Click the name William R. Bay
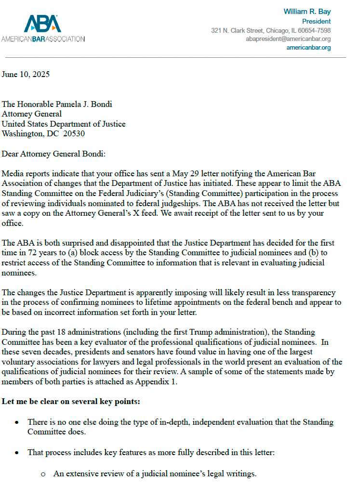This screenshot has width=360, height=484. click(307, 12)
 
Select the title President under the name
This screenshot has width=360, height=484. click(316, 21)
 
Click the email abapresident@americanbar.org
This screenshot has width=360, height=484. click(288, 39)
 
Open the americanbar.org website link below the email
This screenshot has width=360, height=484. click(308, 48)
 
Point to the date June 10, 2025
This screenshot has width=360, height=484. click(26, 75)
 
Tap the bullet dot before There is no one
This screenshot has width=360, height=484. click(17, 422)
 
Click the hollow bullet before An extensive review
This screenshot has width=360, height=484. click(43, 474)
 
